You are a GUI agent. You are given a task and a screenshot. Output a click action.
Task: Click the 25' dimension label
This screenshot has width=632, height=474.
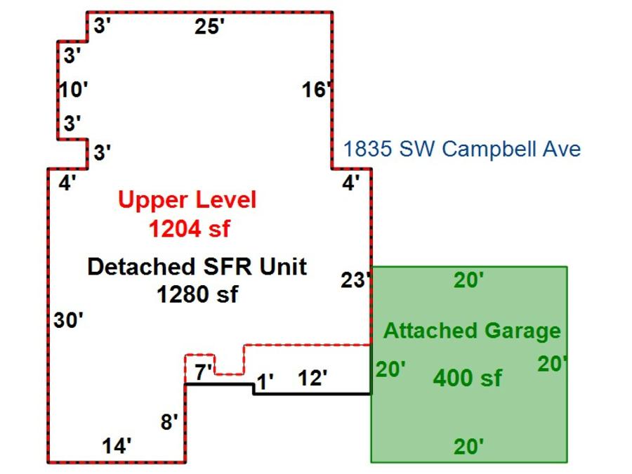[x=209, y=27]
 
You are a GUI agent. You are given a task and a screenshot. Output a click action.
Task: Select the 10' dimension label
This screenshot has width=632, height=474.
[x=73, y=90]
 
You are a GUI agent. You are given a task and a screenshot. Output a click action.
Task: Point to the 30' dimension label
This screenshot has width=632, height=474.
[x=69, y=320]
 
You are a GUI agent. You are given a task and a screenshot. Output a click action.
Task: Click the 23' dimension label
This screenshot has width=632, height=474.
[x=355, y=280]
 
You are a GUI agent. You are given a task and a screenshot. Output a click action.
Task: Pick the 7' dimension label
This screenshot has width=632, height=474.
[x=204, y=373]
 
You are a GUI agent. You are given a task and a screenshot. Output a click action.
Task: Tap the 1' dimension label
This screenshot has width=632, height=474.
[x=265, y=381]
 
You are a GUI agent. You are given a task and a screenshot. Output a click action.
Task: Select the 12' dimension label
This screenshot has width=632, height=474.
[x=312, y=378]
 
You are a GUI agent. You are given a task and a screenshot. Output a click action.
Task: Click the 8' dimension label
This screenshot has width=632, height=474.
[x=169, y=422]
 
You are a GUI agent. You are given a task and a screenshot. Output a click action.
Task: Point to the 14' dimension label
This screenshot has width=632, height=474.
[x=117, y=445]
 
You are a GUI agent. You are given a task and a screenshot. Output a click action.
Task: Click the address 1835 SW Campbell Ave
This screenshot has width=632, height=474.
[x=461, y=149]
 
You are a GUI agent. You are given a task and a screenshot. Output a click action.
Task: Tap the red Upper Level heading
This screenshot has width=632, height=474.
[x=187, y=200]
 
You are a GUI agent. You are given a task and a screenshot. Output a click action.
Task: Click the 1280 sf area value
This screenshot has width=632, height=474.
[x=197, y=294]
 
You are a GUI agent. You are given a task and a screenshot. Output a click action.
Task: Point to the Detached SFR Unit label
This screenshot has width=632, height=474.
[x=197, y=267]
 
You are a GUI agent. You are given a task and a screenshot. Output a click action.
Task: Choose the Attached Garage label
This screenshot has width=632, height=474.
[x=472, y=331]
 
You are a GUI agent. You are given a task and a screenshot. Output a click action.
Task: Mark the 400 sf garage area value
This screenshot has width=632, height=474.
[x=467, y=378]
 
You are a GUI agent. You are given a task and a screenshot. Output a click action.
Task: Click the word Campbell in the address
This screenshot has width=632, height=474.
[x=482, y=149]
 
